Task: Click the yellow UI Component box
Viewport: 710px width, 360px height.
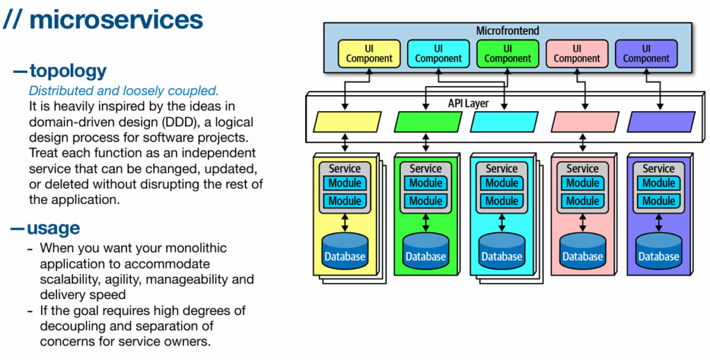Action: (369, 53)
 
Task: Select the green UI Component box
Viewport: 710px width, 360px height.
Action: (508, 53)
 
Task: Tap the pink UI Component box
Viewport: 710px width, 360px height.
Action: (577, 53)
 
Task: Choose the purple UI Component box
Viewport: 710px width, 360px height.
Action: (646, 53)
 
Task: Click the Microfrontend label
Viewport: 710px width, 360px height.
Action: (508, 31)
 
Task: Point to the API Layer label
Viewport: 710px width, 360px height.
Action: (468, 103)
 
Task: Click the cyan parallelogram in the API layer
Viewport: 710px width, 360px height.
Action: (504, 122)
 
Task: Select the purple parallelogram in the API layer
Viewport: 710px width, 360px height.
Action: (661, 122)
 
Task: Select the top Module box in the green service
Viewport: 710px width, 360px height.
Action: (426, 183)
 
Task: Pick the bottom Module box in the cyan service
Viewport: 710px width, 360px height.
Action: (502, 200)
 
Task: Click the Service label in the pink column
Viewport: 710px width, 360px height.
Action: (582, 169)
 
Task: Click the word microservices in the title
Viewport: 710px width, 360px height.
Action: (116, 20)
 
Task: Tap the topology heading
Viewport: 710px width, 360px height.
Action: (68, 71)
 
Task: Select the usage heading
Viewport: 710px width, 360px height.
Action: (53, 228)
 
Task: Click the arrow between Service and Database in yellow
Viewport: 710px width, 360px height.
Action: (345, 223)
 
